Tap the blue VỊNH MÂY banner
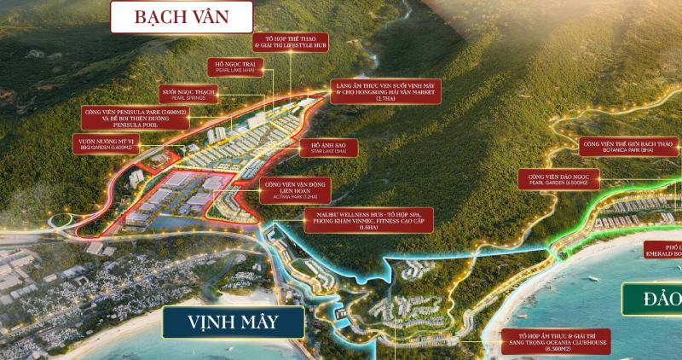click(232, 324)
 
